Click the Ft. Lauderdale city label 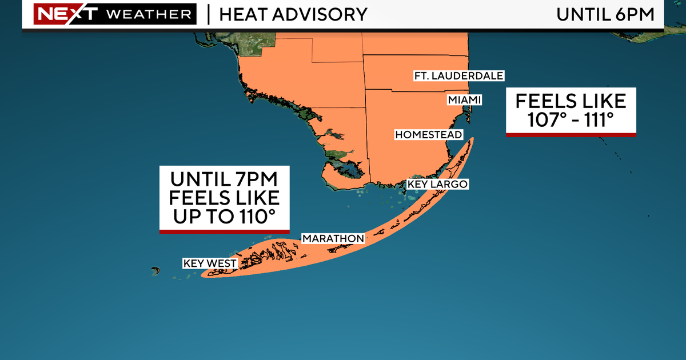point(459,76)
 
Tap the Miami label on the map point(464,101)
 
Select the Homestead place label point(424,134)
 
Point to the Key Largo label point(437,185)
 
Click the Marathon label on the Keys point(333,238)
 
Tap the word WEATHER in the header point(149,14)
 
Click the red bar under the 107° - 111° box point(571,135)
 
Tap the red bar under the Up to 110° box point(224,231)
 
